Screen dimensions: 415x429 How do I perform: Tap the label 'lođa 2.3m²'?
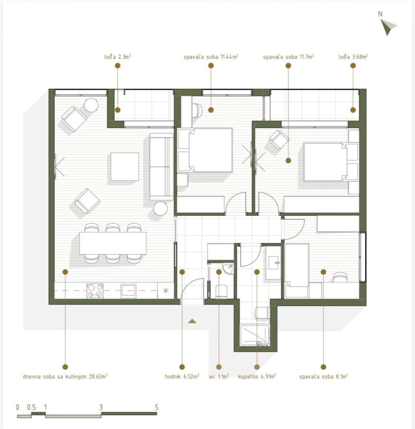(x=118, y=57)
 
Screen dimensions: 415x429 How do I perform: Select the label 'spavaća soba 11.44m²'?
(x=211, y=57)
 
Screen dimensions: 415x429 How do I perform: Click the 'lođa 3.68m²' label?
(x=353, y=57)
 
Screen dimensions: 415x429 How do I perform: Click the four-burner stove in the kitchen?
(x=95, y=291)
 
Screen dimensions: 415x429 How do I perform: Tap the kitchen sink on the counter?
(x=128, y=291)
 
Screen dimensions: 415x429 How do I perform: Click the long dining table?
(x=113, y=243)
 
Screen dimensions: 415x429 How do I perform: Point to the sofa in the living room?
(x=161, y=167)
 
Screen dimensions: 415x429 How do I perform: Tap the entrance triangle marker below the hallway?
(x=192, y=321)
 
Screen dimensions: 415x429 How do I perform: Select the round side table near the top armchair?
(x=91, y=105)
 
